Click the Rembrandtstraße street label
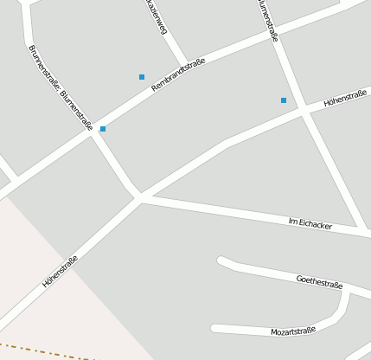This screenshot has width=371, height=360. pyautogui.click(x=178, y=74)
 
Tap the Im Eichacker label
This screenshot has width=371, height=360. pyautogui.click(x=310, y=224)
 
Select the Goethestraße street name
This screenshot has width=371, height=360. pyautogui.click(x=319, y=281)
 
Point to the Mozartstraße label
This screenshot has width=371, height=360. pyautogui.click(x=293, y=331)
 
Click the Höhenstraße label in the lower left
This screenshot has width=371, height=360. pyautogui.click(x=60, y=271)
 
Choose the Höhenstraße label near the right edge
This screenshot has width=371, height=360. pyautogui.click(x=345, y=99)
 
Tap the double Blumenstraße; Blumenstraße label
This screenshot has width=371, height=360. pyautogui.click(x=61, y=87)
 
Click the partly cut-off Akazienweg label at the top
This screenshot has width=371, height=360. pyautogui.click(x=156, y=17)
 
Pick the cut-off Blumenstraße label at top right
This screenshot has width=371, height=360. pyautogui.click(x=267, y=20)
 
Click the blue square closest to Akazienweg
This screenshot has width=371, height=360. pyautogui.click(x=142, y=77)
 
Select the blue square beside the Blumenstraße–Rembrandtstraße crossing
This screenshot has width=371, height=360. pyautogui.click(x=103, y=129)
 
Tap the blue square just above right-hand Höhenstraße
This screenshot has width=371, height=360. pyautogui.click(x=283, y=100)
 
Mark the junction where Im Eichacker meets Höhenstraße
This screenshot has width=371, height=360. pyautogui.click(x=139, y=197)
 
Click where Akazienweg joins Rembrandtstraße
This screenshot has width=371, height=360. pyautogui.click(x=185, y=66)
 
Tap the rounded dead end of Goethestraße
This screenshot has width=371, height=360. pyautogui.click(x=222, y=260)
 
